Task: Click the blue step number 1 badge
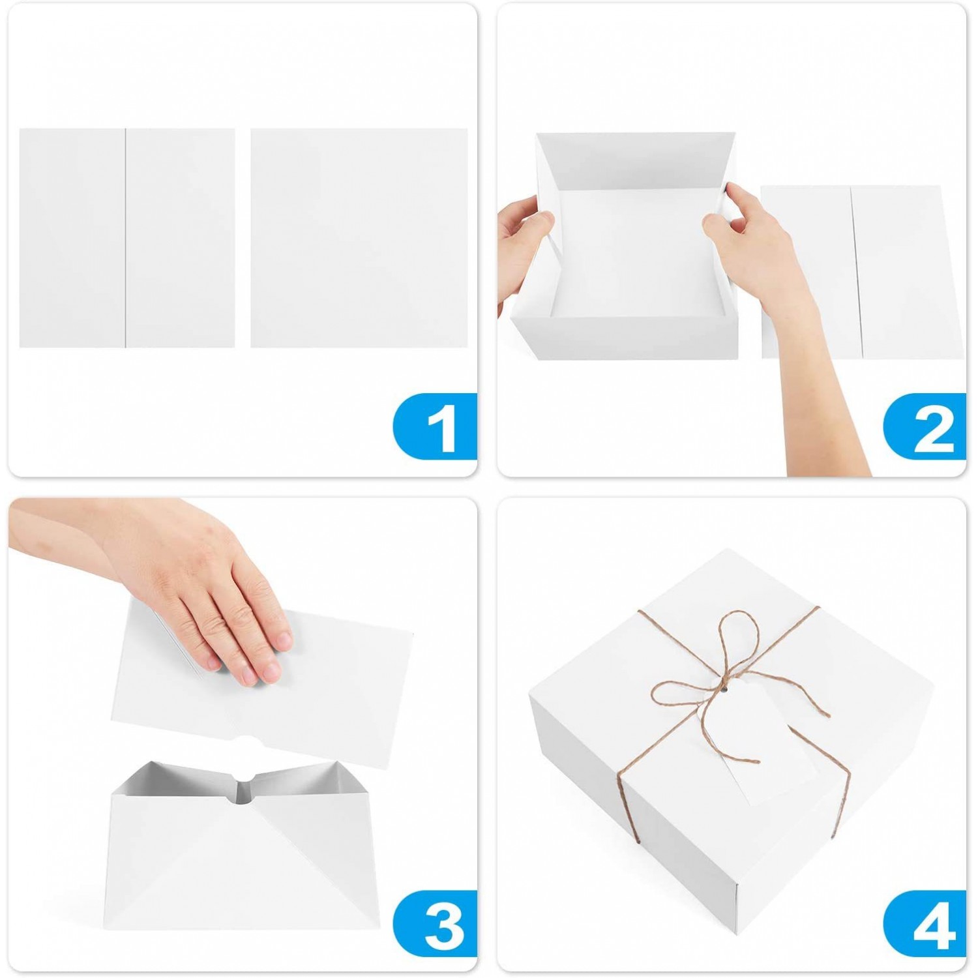436,427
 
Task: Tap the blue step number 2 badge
926,427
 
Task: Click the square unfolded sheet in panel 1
359,238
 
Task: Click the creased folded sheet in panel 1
127,238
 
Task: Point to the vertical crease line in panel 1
125,238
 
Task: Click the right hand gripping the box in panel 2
750,228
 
